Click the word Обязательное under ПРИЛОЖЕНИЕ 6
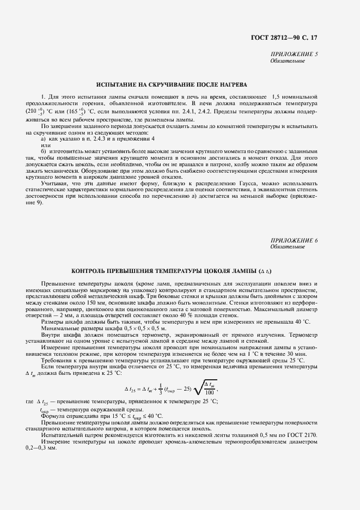coord(288,247)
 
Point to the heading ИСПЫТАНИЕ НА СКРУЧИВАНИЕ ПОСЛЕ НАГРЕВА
coord(172,85)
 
